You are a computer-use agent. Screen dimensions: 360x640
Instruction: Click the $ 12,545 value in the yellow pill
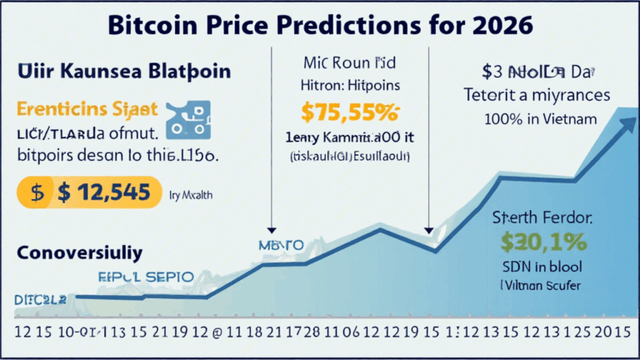(x=104, y=192)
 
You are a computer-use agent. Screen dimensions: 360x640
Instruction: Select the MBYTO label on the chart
(x=279, y=246)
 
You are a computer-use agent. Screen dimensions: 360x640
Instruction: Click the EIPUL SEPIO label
(x=145, y=275)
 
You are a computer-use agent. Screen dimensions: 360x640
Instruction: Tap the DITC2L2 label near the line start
(x=38, y=297)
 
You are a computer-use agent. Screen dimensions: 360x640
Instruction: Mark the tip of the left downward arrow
(x=272, y=230)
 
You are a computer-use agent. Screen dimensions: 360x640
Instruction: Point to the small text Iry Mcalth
(x=191, y=193)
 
